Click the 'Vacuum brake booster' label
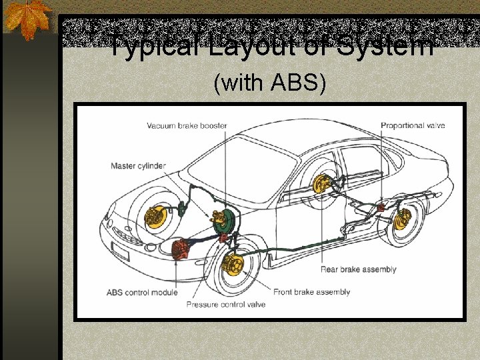point(187,126)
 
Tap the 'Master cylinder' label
point(138,166)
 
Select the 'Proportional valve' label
point(413,125)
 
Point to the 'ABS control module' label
point(142,293)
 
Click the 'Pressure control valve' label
point(225,304)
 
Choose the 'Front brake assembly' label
point(311,292)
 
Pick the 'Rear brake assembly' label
point(359,269)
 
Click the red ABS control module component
point(180,249)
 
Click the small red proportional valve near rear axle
point(381,207)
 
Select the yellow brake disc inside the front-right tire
point(233,265)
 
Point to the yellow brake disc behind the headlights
point(155,217)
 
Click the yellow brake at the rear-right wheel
point(402,219)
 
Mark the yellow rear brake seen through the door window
point(321,184)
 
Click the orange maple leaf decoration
point(28,19)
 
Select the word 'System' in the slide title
point(385,45)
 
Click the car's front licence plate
point(120,251)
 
